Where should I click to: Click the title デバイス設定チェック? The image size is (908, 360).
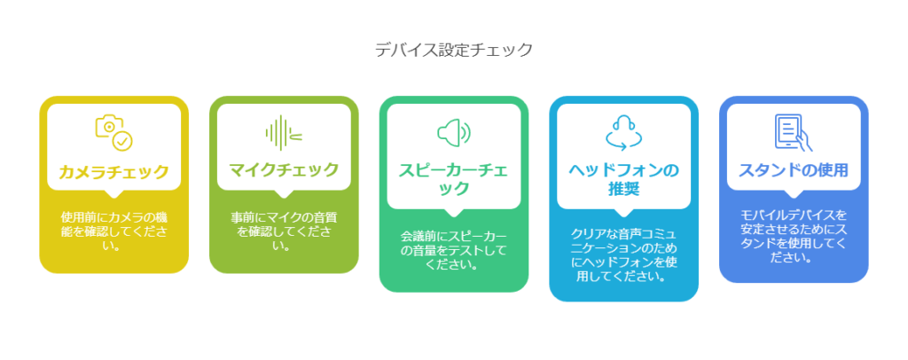453,51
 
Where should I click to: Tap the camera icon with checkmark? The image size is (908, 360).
114,133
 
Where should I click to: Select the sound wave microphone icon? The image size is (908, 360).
284,133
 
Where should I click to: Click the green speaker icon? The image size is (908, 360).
454,133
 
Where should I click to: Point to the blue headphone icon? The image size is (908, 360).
623,133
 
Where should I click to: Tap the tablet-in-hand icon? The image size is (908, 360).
794,133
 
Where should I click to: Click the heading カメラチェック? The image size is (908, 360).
114,172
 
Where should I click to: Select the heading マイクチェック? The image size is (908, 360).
284,170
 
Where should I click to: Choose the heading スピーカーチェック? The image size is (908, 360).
454,179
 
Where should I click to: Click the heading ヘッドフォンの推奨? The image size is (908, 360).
623,179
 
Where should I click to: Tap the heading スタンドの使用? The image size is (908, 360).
794,171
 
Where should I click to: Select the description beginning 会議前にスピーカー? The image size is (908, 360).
454,251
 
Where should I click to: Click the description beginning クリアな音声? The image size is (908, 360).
623,255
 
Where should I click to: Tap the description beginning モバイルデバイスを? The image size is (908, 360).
794,237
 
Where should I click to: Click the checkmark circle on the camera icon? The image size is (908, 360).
122,141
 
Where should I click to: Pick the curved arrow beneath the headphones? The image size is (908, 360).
623,141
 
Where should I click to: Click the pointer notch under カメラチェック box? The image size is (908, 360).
114,194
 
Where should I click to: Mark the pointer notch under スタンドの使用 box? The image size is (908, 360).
794,194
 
